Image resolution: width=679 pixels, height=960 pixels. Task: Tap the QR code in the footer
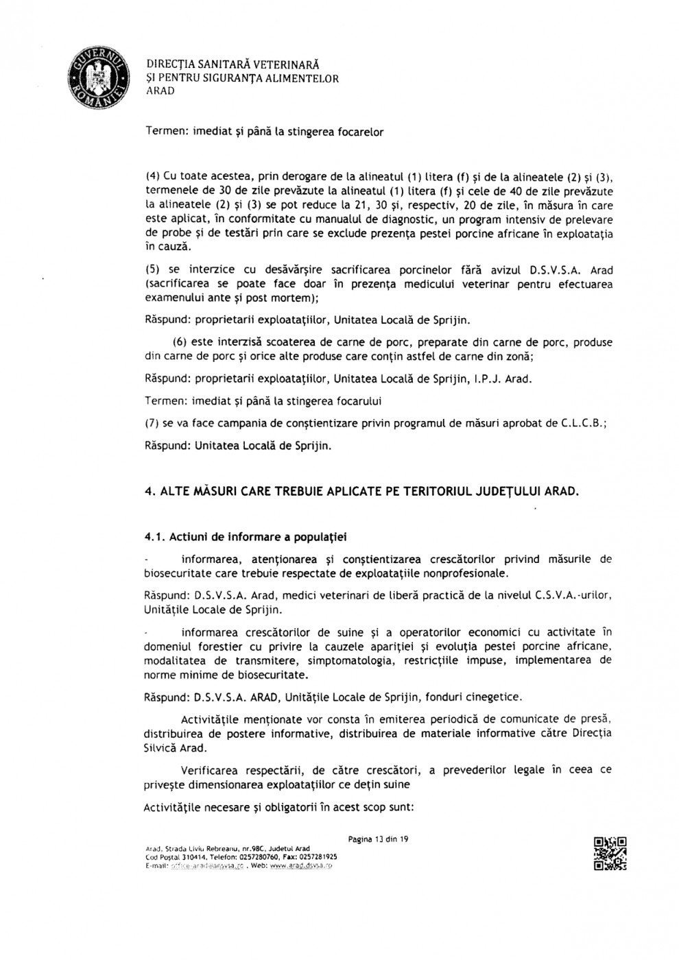click(610, 854)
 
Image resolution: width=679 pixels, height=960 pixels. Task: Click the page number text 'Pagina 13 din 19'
click(379, 839)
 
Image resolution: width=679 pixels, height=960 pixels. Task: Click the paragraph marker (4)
click(153, 175)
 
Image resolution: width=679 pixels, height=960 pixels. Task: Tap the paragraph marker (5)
click(153, 270)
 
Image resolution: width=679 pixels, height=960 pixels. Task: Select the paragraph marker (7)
click(153, 423)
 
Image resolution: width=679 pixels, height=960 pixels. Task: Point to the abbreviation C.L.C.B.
click(583, 423)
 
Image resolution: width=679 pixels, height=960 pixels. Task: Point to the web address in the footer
click(301, 866)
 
